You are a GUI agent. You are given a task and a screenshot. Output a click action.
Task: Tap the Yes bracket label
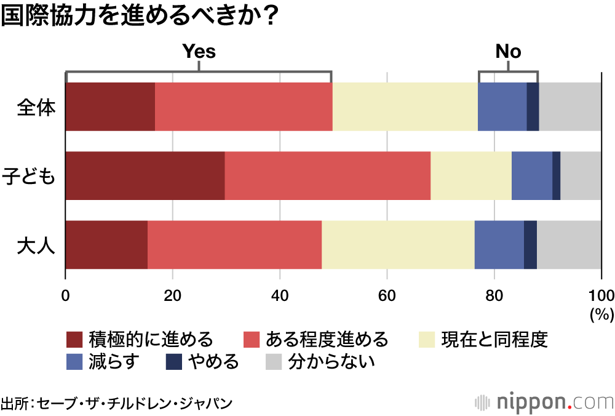click(x=199, y=52)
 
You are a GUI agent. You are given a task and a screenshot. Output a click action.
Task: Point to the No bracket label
click(x=508, y=52)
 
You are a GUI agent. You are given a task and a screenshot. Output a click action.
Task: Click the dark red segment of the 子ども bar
click(x=145, y=176)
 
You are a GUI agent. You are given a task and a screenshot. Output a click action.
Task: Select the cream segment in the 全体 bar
click(x=405, y=107)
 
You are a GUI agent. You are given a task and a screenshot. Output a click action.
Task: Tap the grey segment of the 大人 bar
click(x=569, y=245)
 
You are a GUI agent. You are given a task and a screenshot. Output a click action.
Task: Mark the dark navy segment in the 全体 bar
click(x=533, y=107)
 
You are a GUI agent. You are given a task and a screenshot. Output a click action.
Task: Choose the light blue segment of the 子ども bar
click(x=532, y=176)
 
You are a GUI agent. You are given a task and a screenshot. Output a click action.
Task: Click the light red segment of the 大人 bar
click(x=234, y=245)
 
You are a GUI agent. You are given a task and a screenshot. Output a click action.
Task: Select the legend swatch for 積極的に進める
click(x=74, y=340)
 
